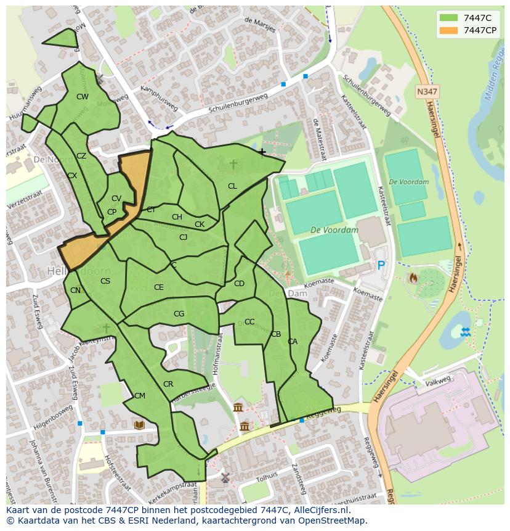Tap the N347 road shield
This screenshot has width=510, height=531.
[x=427, y=91]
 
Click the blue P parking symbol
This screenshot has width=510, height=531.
[x=381, y=265]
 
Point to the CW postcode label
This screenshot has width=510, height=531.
[x=82, y=97]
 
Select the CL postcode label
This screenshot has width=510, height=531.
[x=232, y=186]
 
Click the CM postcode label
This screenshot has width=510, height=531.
[x=140, y=396]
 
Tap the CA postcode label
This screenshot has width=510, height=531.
[x=293, y=342]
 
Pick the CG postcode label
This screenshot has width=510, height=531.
[x=179, y=314]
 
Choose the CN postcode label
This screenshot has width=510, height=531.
[x=75, y=290]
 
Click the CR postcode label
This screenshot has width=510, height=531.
[x=168, y=384]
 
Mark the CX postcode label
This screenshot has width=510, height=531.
[x=72, y=176]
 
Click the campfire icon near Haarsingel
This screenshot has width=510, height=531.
[x=413, y=278]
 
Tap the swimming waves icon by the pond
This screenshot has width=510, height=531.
[x=466, y=332]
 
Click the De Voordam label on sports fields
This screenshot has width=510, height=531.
[x=334, y=230]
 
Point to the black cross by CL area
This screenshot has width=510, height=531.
[x=262, y=152]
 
